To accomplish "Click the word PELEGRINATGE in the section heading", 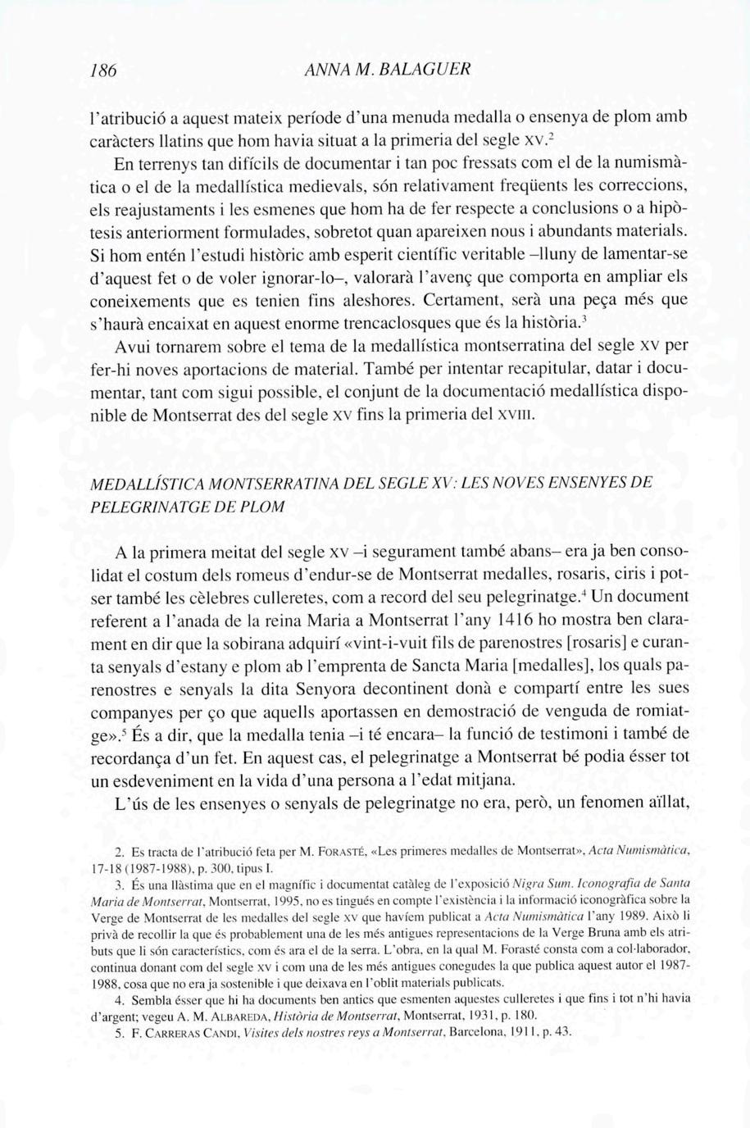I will [142, 506].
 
